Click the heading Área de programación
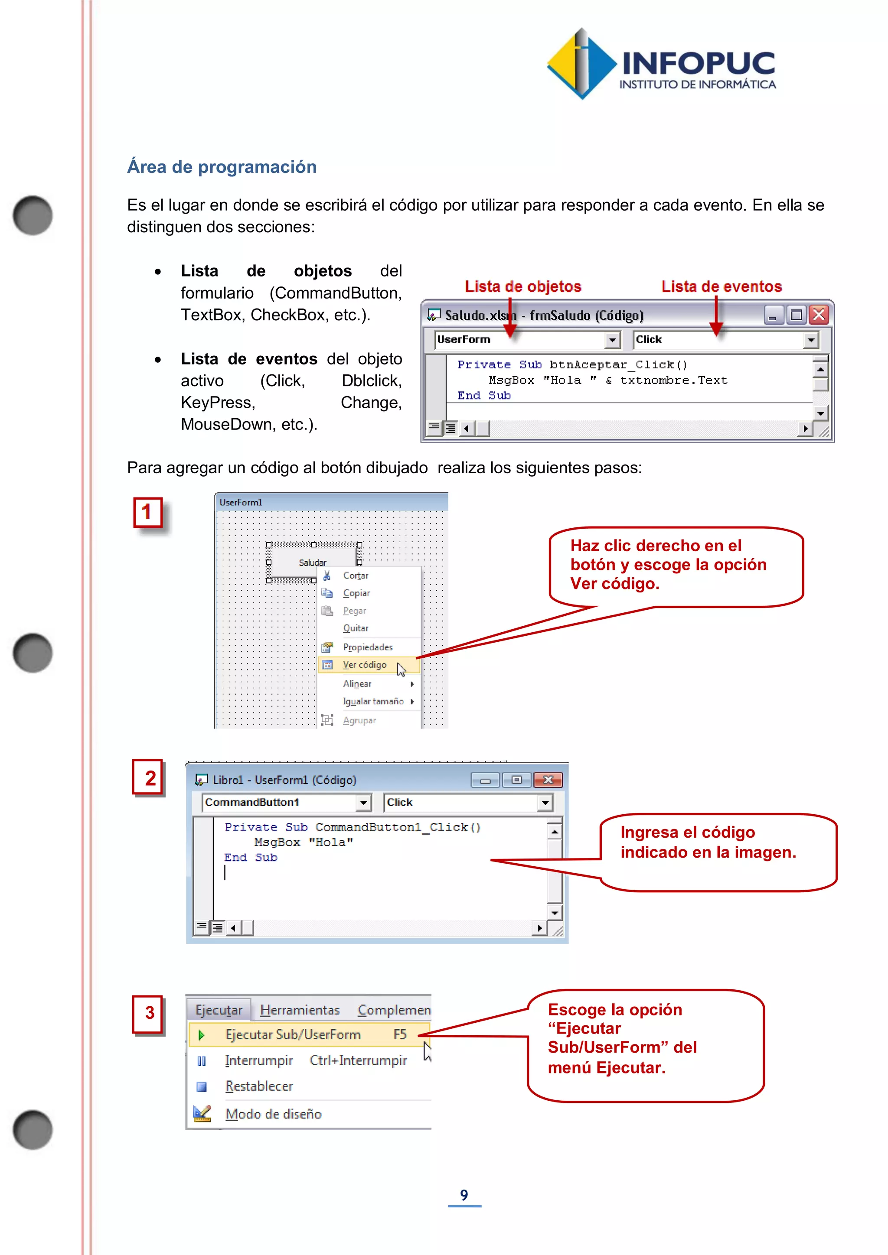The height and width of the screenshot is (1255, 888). point(222,167)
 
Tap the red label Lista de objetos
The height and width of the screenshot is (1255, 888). point(523,286)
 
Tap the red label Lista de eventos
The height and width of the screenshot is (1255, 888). point(721,286)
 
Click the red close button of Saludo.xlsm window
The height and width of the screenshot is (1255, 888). point(819,315)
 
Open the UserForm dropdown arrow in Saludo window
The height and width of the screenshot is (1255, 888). point(612,340)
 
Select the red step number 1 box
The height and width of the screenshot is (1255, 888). point(147,512)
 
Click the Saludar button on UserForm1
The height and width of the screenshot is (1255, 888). point(312,562)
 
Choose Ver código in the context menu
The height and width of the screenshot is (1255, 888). point(364,665)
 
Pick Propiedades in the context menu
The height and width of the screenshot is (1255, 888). point(367,647)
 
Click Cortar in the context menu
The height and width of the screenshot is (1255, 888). point(356,575)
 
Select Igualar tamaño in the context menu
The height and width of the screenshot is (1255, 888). point(373,701)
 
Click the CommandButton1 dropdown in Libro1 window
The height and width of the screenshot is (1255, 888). point(363,803)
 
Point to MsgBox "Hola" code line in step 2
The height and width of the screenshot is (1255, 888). point(304,842)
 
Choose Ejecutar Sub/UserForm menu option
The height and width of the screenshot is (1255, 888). point(293,1035)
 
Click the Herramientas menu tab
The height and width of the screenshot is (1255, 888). point(300,1010)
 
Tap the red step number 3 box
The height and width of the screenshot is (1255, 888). point(149,1013)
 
